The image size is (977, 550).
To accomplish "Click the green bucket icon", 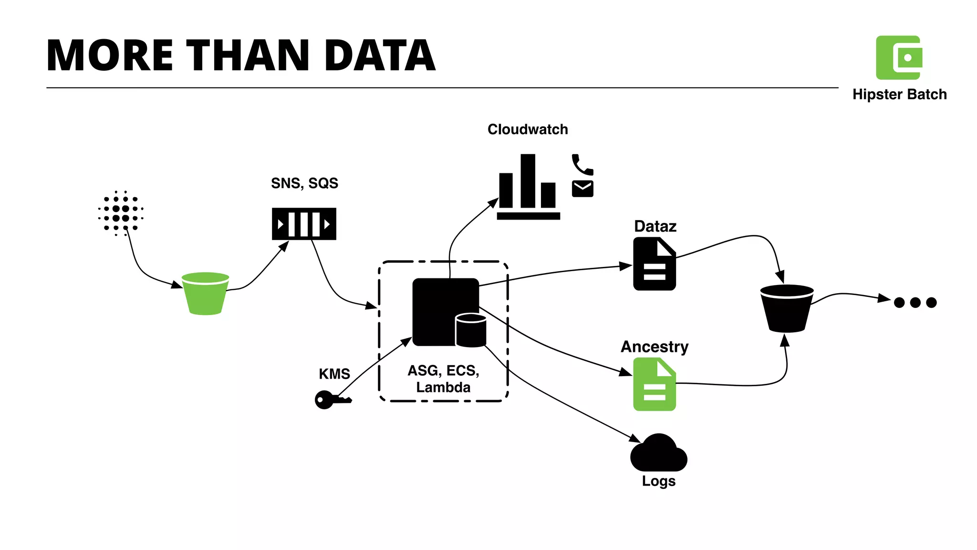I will click(206, 294).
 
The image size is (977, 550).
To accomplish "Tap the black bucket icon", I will click(787, 308).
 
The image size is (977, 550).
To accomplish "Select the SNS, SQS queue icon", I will click(304, 224).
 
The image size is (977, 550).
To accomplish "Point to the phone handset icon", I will click(582, 165).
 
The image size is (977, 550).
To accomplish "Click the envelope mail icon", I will click(582, 189).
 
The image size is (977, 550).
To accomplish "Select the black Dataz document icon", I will click(654, 265).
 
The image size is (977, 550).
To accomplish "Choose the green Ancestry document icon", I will click(654, 385).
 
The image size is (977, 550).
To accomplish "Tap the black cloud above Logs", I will click(658, 454).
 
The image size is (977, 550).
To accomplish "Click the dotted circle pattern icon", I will click(121, 213).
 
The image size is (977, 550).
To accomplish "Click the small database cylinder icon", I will click(471, 330).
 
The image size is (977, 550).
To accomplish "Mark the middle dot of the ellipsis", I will click(915, 302).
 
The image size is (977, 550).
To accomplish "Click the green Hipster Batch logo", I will click(899, 58).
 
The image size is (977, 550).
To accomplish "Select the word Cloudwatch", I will click(528, 129).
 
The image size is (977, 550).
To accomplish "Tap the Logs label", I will click(658, 481).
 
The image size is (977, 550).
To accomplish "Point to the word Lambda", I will click(443, 387).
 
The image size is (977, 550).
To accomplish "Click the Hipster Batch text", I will click(899, 95).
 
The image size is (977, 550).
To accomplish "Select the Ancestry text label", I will click(654, 347).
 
